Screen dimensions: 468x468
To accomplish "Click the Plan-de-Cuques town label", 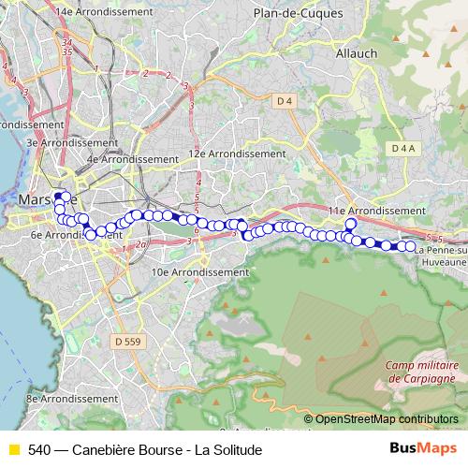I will [x=299, y=14].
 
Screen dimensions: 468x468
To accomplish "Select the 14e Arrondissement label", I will [x=104, y=11].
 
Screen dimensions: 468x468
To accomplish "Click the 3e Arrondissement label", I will [x=57, y=142].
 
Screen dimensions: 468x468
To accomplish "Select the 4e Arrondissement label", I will [x=132, y=159].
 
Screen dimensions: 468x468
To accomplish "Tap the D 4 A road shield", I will [x=403, y=148].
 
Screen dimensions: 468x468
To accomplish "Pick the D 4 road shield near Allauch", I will [x=285, y=100].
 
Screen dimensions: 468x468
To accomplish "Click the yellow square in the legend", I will [x=13, y=449].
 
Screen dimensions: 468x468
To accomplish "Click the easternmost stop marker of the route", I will [x=410, y=246].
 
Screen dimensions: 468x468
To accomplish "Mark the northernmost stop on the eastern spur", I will [x=351, y=224].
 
